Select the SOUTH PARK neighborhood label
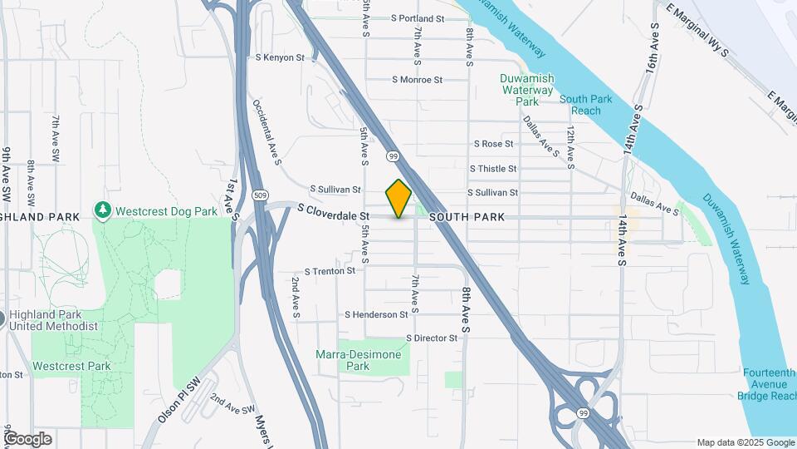click(467, 217)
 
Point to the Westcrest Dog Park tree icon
click(103, 211)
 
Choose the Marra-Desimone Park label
click(359, 360)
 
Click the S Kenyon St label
click(280, 57)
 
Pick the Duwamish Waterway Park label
click(526, 90)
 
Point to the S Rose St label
click(494, 144)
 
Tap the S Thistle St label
click(492, 168)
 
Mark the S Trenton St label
click(330, 271)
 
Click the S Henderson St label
click(376, 314)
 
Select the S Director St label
click(431, 338)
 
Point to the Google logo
click(27, 439)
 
